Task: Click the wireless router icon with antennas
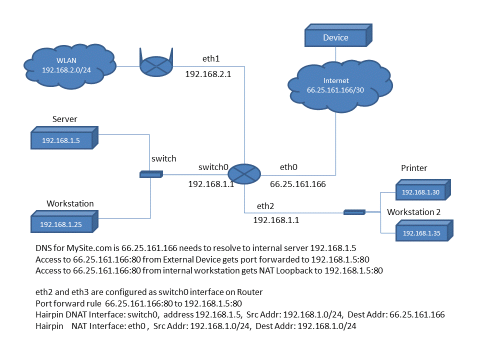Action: tap(156, 64)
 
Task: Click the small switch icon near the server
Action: tap(150, 174)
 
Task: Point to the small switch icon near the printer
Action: tap(354, 212)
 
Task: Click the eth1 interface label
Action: tap(211, 58)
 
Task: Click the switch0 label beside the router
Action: tap(213, 167)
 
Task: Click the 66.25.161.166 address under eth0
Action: tap(298, 184)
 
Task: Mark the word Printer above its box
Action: tap(414, 168)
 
